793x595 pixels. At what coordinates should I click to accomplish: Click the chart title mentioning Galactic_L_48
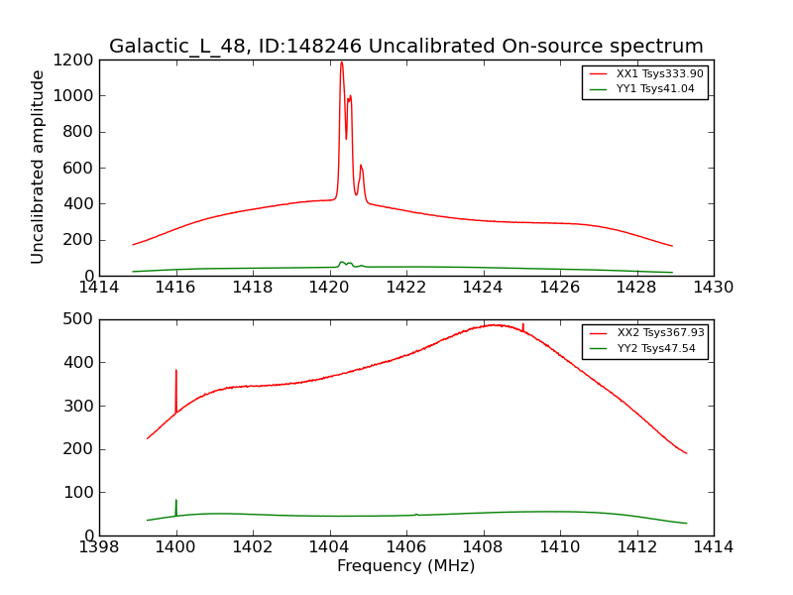[x=406, y=47]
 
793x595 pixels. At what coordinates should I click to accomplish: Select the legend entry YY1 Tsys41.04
[x=655, y=89]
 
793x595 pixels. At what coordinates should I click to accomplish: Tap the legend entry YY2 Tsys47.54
[x=655, y=348]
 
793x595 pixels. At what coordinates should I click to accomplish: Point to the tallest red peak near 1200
[x=341, y=63]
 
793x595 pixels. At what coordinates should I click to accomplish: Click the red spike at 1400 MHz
[x=176, y=372]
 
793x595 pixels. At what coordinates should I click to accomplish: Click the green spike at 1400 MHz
[x=176, y=501]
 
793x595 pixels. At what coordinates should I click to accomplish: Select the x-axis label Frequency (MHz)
[x=406, y=566]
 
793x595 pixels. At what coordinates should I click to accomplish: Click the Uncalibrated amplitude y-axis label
[x=39, y=167]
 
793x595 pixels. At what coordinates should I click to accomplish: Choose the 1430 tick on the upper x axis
[x=714, y=288]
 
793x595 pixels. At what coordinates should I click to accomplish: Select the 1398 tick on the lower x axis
[x=99, y=547]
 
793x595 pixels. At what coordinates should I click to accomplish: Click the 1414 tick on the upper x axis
[x=99, y=288]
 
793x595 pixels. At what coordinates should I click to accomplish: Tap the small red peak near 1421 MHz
[x=361, y=166]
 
